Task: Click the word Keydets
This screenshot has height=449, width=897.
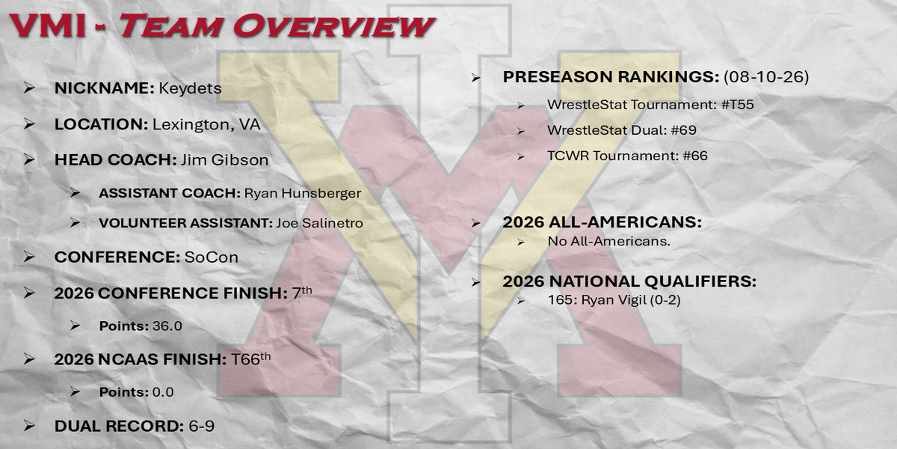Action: click(190, 88)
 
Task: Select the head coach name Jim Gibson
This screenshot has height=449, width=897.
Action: click(225, 160)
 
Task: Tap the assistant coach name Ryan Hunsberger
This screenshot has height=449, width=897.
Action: click(303, 193)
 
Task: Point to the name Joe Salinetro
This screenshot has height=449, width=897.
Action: click(320, 223)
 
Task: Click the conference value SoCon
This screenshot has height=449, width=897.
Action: click(212, 257)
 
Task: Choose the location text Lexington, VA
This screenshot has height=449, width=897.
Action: click(206, 125)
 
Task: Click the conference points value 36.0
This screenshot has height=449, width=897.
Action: click(167, 326)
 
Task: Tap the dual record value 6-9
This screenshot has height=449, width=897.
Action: click(201, 426)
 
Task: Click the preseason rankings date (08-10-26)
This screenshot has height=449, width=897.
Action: click(766, 76)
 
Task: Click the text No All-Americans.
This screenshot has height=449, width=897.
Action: click(608, 241)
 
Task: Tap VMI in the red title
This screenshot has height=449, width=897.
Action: click(48, 26)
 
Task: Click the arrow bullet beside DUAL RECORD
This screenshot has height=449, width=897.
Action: click(29, 426)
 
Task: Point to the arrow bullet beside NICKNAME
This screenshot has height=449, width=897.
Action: click(29, 88)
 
